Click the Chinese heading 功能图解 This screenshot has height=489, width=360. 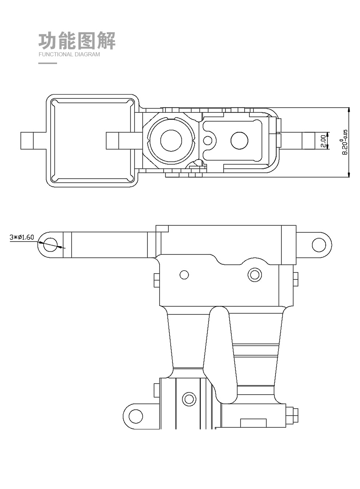coord(77,40)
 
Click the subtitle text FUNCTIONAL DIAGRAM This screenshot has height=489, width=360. coord(69,54)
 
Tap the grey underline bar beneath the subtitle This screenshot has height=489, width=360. coord(47,63)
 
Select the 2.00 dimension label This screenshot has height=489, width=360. coord(323,141)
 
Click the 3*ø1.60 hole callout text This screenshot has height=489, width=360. coord(22,237)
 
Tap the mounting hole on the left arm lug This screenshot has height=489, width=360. coord(50,245)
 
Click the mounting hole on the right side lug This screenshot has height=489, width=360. coord(319,245)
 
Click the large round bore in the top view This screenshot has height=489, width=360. coord(171,141)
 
